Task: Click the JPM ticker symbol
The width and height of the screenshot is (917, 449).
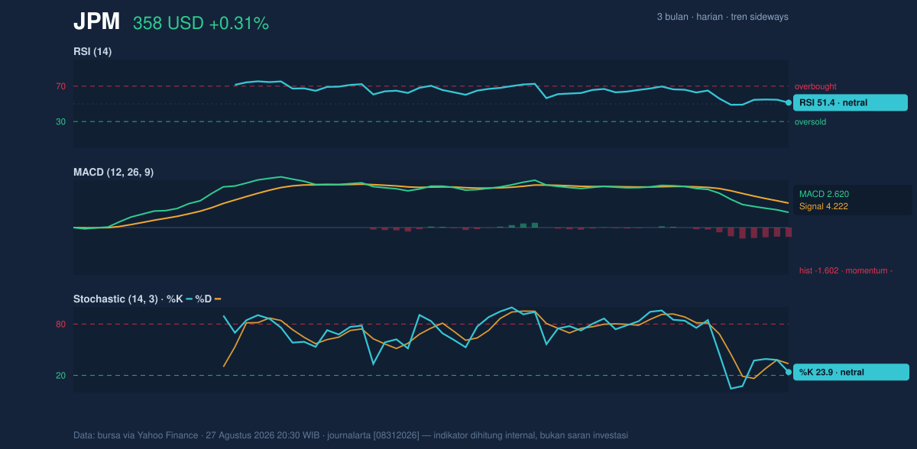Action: (x=96, y=21)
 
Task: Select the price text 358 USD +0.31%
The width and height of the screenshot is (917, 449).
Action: (x=201, y=24)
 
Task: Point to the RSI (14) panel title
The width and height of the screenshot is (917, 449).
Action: (x=92, y=51)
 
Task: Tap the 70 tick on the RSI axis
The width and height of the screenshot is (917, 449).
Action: (x=60, y=86)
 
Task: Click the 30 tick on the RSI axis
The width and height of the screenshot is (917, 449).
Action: (x=60, y=122)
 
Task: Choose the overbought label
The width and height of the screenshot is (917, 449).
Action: (x=815, y=87)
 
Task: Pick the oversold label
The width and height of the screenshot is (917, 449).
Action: (x=810, y=122)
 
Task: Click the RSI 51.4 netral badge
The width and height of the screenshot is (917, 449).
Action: (x=851, y=102)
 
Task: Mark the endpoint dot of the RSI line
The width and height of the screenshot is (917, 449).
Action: (x=789, y=102)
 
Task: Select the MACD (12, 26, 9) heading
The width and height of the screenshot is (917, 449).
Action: (x=113, y=172)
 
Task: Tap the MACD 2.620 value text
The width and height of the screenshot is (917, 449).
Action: (x=824, y=194)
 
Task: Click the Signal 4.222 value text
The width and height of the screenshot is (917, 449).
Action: (x=824, y=206)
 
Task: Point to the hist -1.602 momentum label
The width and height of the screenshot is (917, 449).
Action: (x=846, y=271)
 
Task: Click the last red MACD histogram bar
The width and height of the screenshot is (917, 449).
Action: (x=789, y=232)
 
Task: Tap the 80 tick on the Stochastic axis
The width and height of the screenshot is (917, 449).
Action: (x=60, y=325)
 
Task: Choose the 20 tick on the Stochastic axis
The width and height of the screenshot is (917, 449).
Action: (x=60, y=376)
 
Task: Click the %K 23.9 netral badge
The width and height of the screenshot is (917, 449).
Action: (x=851, y=372)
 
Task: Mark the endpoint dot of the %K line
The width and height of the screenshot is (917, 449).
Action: (x=789, y=372)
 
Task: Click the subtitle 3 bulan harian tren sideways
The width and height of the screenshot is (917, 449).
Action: (x=723, y=17)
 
